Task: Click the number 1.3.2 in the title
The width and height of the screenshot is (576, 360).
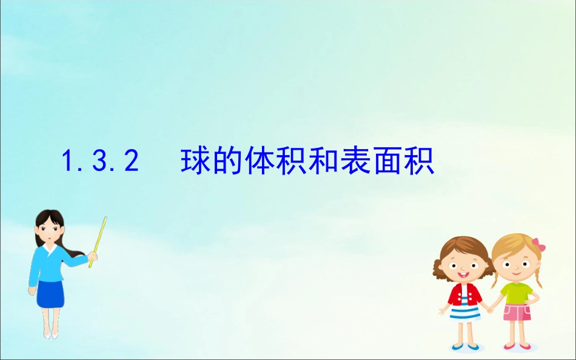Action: pos(101,162)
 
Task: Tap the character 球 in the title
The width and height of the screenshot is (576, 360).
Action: pos(195,161)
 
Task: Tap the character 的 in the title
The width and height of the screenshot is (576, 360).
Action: pos(227,161)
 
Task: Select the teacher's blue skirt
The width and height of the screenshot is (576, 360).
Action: pos(50,293)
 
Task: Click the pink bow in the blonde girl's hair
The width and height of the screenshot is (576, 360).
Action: pos(538,245)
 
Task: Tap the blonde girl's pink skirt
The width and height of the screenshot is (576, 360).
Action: pos(517,313)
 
